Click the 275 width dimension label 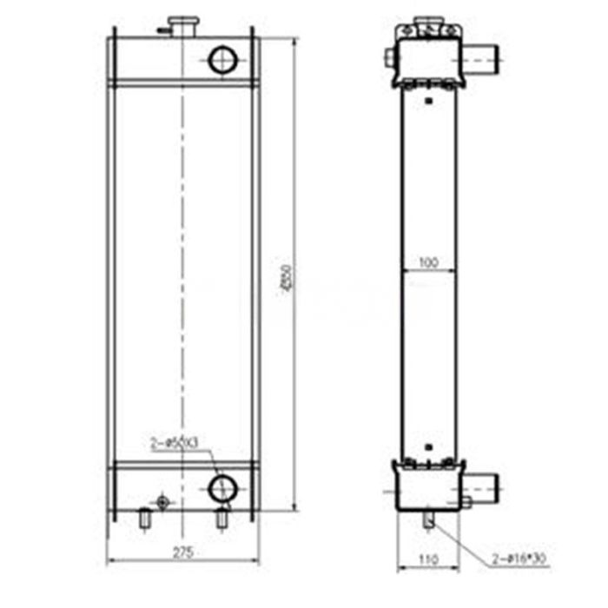point(182,552)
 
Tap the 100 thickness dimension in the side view point(428,261)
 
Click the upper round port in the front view point(223,60)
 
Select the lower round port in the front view point(223,486)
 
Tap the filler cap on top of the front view point(183,23)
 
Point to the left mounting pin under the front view point(145,519)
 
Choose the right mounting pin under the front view point(222,519)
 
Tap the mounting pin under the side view point(431,519)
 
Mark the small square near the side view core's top point(429,102)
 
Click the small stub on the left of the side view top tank point(388,59)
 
